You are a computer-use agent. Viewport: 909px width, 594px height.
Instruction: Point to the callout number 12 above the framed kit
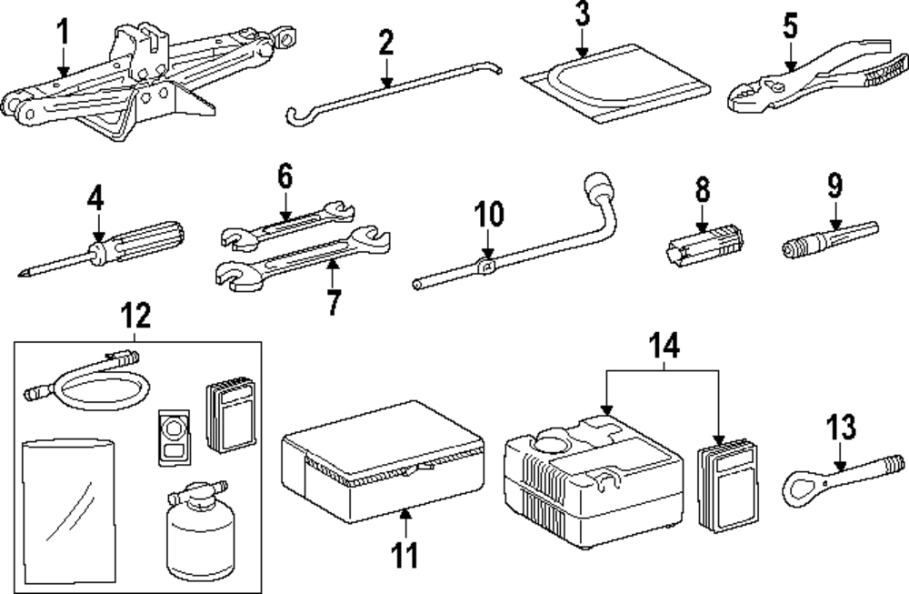135,317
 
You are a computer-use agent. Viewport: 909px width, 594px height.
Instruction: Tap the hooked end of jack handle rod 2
295,115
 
